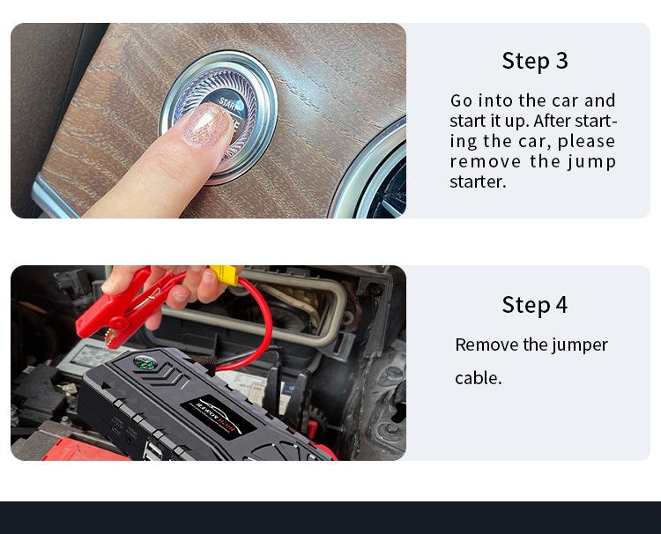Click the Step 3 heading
click(535, 60)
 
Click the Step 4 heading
click(535, 305)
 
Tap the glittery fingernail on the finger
click(205, 126)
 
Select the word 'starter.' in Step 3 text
click(478, 182)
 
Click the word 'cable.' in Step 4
click(479, 378)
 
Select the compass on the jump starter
click(143, 362)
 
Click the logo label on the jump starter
click(219, 418)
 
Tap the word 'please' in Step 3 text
click(586, 142)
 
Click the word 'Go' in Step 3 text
click(461, 100)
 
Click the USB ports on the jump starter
click(153, 451)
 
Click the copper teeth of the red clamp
click(111, 338)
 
